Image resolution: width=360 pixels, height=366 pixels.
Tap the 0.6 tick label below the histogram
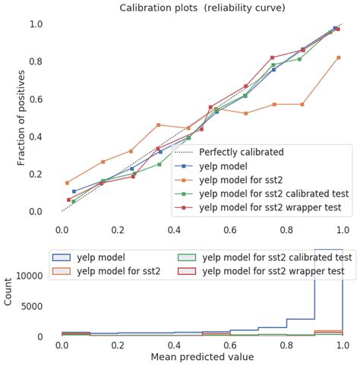tap(230, 345)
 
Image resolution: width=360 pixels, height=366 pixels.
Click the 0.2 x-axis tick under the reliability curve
tap(118, 227)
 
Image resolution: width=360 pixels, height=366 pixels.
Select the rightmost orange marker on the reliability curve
tap(339, 58)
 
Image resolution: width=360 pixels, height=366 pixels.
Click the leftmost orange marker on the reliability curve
tap(67, 183)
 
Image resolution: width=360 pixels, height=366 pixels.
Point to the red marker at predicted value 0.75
tap(273, 58)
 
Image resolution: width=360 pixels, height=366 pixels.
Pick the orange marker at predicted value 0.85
tap(302, 104)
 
